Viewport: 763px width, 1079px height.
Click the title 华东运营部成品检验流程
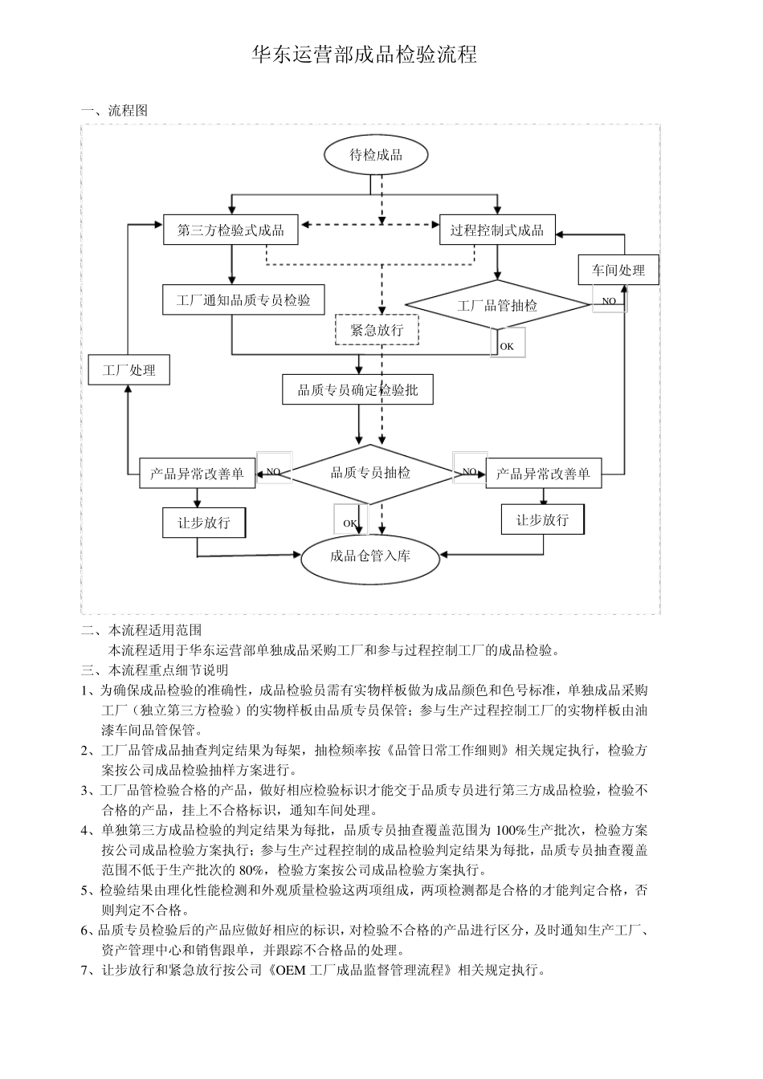point(365,55)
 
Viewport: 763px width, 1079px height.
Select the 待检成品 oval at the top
point(375,155)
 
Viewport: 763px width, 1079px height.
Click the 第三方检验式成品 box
point(231,230)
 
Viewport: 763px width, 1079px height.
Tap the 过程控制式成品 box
point(497,230)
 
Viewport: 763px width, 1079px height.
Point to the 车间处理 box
point(618,270)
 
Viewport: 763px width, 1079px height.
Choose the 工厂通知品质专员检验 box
point(243,300)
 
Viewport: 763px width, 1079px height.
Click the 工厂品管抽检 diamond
point(497,305)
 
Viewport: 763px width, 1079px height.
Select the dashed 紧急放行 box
point(377,329)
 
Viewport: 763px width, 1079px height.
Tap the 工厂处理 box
point(129,370)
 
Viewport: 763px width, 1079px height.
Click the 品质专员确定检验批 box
point(357,389)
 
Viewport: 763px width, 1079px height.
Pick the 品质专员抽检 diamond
point(370,474)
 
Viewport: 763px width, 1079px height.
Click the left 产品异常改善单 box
point(197,474)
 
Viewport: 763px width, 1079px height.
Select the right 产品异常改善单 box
point(543,474)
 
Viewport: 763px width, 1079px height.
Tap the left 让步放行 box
point(204,523)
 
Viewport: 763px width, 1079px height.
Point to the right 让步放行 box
point(542,519)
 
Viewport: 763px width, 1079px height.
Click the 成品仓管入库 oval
point(370,556)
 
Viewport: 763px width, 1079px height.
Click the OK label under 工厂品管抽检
point(507,346)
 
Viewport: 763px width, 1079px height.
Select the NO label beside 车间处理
point(609,301)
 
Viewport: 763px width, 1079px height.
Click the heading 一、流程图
point(114,111)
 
